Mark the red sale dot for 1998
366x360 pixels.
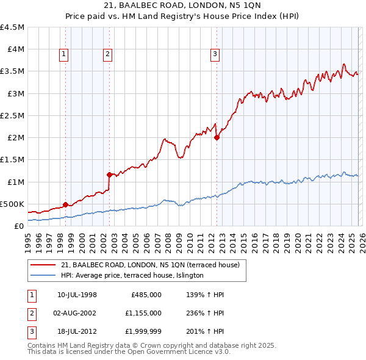tap(65, 204)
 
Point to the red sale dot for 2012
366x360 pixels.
tap(217, 138)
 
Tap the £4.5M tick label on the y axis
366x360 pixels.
tap(12, 27)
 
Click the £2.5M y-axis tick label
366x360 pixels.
tap(12, 115)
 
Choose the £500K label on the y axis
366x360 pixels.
tap(13, 204)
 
